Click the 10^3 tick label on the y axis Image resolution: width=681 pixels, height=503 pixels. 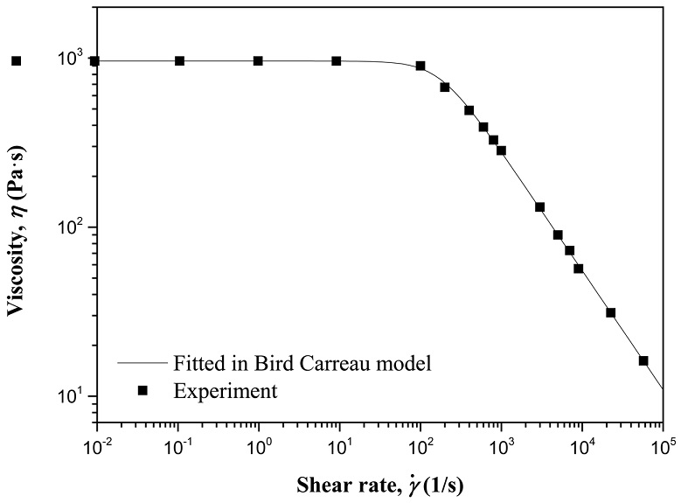pyautogui.click(x=70, y=59)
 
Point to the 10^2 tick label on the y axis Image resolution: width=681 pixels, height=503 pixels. pyautogui.click(x=70, y=227)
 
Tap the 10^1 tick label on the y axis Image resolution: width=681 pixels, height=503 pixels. pyautogui.click(x=70, y=396)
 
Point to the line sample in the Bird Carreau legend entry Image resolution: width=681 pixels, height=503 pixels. pyautogui.click(x=141, y=361)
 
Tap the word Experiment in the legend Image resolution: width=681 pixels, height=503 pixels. pyautogui.click(x=226, y=390)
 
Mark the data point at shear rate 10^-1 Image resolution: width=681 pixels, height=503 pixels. pyautogui.click(x=179, y=60)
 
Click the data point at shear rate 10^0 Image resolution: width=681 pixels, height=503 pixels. pyautogui.click(x=258, y=60)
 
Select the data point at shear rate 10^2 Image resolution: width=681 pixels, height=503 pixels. pyautogui.click(x=420, y=66)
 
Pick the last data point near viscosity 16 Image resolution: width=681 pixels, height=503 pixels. pyautogui.click(x=643, y=360)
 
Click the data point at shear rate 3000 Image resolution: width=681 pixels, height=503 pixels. pyautogui.click(x=539, y=207)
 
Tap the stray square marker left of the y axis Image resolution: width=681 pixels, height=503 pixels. pyautogui.click(x=16, y=60)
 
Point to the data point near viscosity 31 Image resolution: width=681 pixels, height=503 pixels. pyautogui.click(x=610, y=312)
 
